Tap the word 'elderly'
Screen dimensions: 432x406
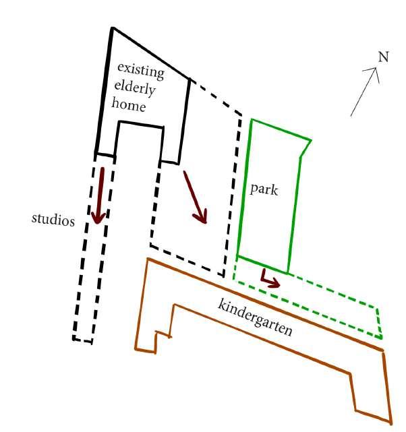pyautogui.click(x=138, y=88)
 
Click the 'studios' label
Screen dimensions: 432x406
pyautogui.click(x=53, y=220)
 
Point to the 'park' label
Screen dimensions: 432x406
pyautogui.click(x=264, y=189)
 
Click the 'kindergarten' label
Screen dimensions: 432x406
pyautogui.click(x=254, y=315)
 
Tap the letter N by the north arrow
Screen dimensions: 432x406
pyautogui.click(x=383, y=57)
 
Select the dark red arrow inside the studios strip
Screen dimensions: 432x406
pyautogui.click(x=100, y=195)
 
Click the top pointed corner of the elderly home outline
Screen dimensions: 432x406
pyautogui.click(x=112, y=28)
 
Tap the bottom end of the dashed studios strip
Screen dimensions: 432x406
pyautogui.click(x=82, y=340)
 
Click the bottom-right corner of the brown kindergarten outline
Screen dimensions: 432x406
pyautogui.click(x=390, y=423)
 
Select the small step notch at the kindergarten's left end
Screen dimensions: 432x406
pyautogui.click(x=162, y=334)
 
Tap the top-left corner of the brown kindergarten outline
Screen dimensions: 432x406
pyautogui.click(x=147, y=259)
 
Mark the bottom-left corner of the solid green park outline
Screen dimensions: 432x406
pyautogui.click(x=237, y=257)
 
